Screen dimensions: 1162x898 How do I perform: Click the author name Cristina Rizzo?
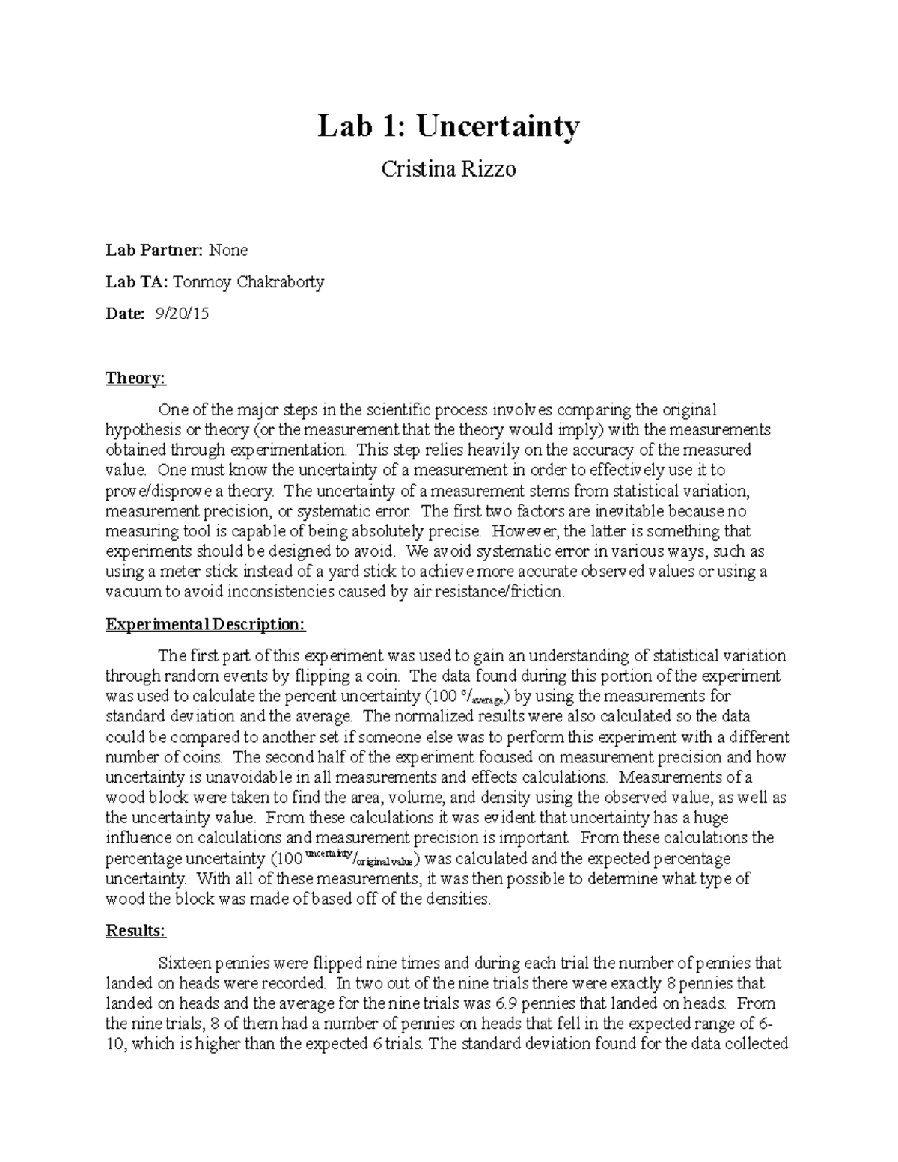[x=448, y=169]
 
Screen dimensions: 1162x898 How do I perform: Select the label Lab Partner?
[x=153, y=249]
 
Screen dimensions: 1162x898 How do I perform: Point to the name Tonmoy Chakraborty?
[x=248, y=281]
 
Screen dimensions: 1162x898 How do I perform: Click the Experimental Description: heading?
[x=205, y=624]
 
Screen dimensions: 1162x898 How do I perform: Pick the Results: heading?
[x=135, y=931]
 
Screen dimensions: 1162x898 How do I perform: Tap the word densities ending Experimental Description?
[x=462, y=899]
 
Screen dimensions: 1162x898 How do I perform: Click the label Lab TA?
[x=136, y=281]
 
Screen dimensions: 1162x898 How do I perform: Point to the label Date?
[x=124, y=314]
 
